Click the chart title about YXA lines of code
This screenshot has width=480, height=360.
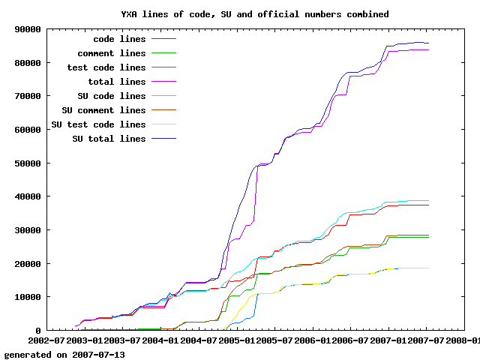pos(255,14)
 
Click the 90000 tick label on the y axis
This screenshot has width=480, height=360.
pos(28,29)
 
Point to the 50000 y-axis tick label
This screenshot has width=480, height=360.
pos(28,163)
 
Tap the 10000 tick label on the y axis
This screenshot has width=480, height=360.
pos(28,297)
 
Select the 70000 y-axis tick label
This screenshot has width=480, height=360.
pos(28,96)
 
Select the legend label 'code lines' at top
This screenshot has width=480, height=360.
pos(119,39)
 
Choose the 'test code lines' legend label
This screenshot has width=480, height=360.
pos(106,67)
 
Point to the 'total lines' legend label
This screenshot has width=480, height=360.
pos(116,82)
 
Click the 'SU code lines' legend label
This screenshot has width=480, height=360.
pos(111,96)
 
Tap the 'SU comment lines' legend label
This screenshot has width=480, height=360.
pos(103,110)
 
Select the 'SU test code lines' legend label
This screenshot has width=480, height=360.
pos(97,124)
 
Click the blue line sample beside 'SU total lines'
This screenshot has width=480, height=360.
pos(163,139)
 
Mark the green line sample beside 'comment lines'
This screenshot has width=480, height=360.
pos(163,53)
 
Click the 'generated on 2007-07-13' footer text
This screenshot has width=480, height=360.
pos(64,354)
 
